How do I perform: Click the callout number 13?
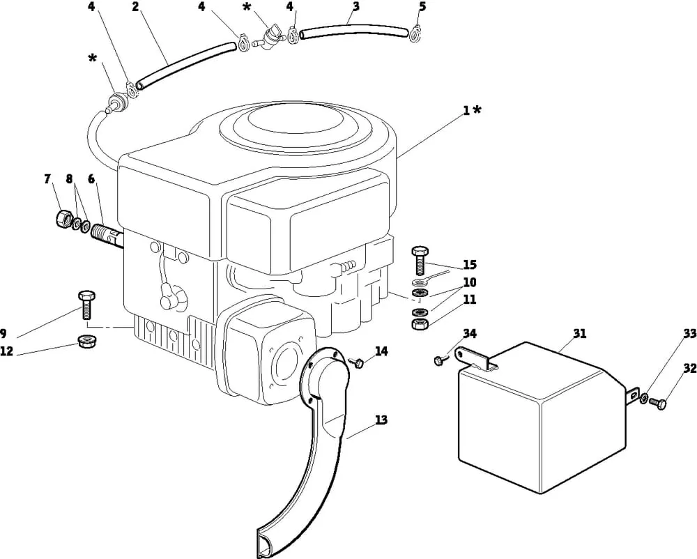[381, 420]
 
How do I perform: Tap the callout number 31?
[580, 333]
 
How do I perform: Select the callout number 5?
[422, 6]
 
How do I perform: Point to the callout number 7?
[48, 178]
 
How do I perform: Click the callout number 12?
[7, 351]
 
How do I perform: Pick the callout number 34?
[470, 333]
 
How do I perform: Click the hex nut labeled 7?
[64, 218]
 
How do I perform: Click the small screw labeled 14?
[356, 362]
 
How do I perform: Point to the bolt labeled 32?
[658, 404]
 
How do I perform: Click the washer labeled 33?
[643, 398]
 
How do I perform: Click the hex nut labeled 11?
[419, 323]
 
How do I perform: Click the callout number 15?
[470, 265]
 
